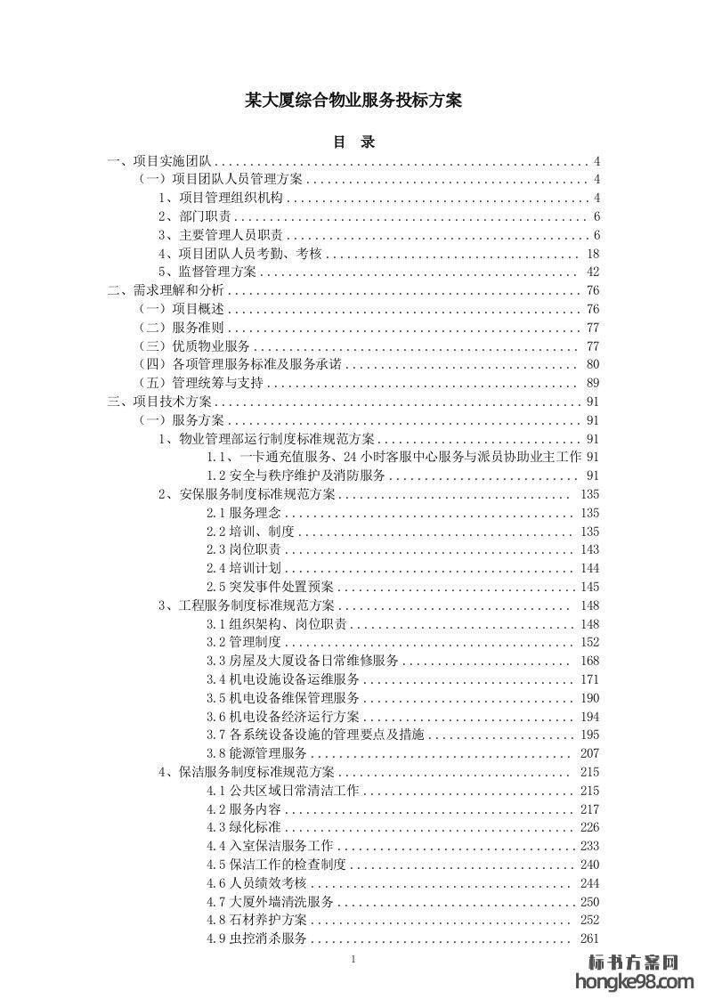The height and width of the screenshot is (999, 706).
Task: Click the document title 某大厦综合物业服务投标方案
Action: click(x=353, y=101)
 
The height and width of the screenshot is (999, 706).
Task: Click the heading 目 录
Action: click(x=353, y=142)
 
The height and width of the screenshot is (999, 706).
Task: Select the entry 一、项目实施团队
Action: click(x=158, y=161)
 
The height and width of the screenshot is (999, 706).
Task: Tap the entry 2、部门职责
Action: click(x=195, y=216)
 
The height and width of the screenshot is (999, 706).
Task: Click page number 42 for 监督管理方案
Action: click(x=594, y=272)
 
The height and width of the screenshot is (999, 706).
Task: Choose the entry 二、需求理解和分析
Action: click(x=166, y=290)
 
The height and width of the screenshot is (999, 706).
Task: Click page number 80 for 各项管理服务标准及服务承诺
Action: click(x=594, y=364)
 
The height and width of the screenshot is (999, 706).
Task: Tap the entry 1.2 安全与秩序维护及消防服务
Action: click(x=296, y=475)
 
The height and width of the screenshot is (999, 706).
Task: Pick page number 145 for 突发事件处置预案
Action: click(x=589, y=586)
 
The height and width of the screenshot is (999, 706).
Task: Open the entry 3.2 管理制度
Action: click(x=243, y=642)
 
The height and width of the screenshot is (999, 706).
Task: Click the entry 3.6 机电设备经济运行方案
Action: click(x=283, y=716)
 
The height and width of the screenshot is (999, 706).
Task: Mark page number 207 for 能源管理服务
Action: click(x=589, y=753)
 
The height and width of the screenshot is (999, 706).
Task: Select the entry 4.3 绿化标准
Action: click(x=243, y=827)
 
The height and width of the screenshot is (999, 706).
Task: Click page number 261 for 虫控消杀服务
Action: click(x=589, y=938)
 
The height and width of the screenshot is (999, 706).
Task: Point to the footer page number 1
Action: click(x=353, y=959)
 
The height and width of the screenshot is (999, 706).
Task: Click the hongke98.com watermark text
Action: click(x=635, y=982)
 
